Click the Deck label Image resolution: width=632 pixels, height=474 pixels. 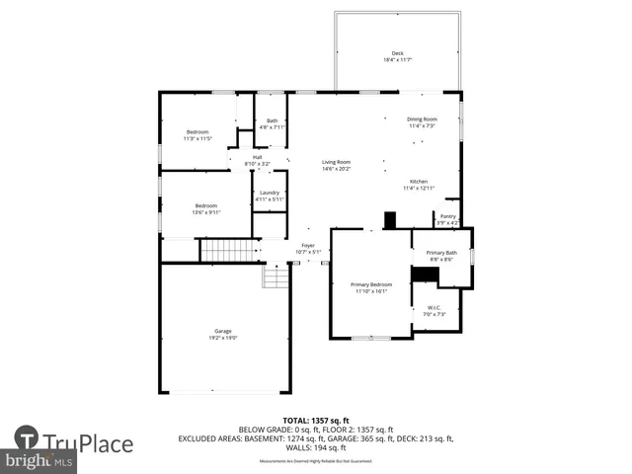click(x=398, y=53)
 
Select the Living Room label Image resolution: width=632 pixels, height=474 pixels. click(x=336, y=162)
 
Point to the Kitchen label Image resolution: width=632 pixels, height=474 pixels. click(x=419, y=182)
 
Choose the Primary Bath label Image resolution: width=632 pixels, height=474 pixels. click(x=441, y=253)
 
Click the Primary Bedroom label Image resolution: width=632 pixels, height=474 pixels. click(x=371, y=284)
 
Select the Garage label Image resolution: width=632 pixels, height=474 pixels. click(x=223, y=331)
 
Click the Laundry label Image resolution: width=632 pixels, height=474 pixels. click(x=270, y=193)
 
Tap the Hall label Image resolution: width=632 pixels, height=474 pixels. click(x=257, y=157)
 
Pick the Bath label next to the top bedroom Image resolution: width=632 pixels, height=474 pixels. click(x=272, y=121)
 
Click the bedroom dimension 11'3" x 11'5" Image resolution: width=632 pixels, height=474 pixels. click(x=198, y=139)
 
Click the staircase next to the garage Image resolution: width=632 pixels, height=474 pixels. click(x=229, y=250)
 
